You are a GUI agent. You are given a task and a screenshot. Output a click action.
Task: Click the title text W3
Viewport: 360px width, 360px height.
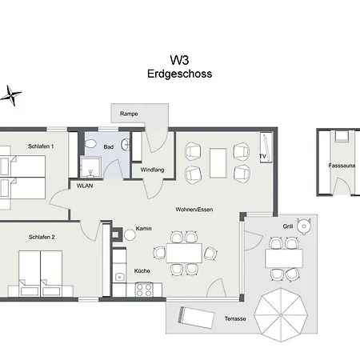click(x=179, y=59)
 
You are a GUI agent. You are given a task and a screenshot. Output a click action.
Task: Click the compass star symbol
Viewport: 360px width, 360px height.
click(x=11, y=96)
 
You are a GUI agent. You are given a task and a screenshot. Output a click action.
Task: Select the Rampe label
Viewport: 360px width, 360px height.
click(x=129, y=114)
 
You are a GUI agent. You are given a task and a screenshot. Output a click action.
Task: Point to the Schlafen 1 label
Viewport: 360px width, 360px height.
click(x=41, y=147)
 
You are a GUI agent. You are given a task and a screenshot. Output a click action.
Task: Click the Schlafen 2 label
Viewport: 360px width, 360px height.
click(x=41, y=238)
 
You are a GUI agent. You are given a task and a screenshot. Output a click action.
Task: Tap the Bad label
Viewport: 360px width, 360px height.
click(x=109, y=147)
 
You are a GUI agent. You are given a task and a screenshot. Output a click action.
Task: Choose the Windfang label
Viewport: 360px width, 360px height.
click(x=152, y=170)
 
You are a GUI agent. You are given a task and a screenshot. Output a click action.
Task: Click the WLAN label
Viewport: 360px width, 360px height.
click(x=85, y=186)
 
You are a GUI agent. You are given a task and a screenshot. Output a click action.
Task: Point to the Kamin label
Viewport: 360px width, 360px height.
click(x=144, y=229)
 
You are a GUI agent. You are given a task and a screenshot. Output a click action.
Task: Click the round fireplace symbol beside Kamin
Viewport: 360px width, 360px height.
click(x=129, y=235)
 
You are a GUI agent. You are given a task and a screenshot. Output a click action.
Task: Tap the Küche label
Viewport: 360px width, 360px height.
click(x=142, y=270)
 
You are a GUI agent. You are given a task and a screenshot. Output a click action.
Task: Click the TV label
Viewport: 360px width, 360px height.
click(x=262, y=155)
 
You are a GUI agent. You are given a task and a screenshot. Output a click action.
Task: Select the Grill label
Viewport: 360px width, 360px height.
click(x=287, y=226)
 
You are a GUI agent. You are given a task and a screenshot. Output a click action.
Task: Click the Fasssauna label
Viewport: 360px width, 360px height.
click(x=342, y=166)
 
